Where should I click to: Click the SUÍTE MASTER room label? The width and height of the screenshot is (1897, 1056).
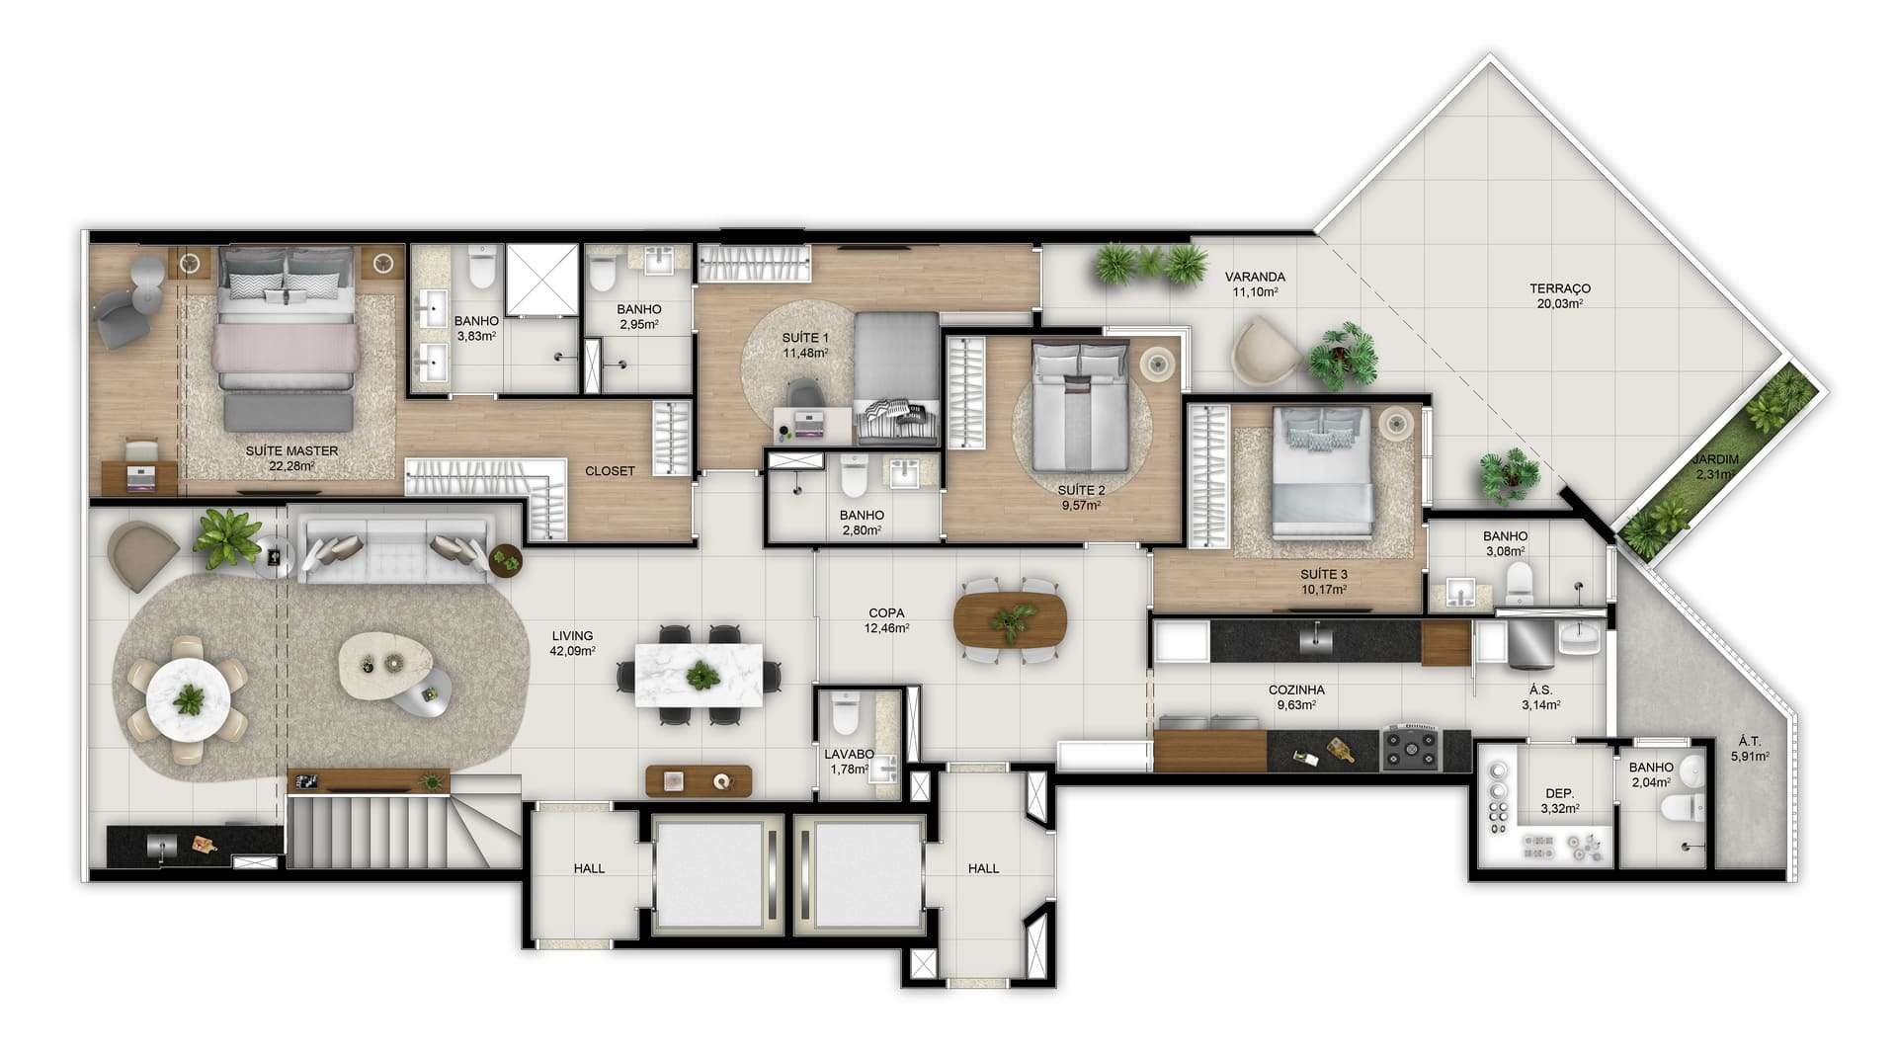291,450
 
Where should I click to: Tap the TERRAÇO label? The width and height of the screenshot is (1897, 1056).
1560,288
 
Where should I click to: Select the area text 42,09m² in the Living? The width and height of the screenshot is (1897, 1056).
572,651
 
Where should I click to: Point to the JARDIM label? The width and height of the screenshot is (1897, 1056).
1715,459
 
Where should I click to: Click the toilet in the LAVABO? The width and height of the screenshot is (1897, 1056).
846,712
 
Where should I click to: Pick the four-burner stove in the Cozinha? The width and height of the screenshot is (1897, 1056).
1412,748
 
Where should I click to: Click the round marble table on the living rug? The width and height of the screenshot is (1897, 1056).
188,700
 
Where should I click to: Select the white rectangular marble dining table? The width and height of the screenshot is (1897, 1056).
699,676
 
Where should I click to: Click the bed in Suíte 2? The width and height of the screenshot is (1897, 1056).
1080,407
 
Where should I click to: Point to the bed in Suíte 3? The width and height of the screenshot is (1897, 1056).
1322,473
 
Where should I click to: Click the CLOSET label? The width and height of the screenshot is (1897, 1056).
610,471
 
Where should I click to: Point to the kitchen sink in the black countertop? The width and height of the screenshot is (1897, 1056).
1316,640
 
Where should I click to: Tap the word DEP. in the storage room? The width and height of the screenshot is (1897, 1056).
1560,793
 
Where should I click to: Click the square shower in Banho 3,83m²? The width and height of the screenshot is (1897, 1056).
541,280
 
